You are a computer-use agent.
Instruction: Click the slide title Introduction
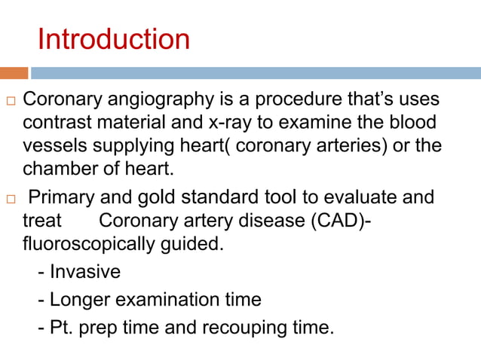113,39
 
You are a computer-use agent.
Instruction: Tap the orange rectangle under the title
14,73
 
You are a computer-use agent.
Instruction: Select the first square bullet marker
10,102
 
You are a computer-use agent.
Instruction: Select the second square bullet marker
10,200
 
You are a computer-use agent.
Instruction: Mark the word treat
42,221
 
